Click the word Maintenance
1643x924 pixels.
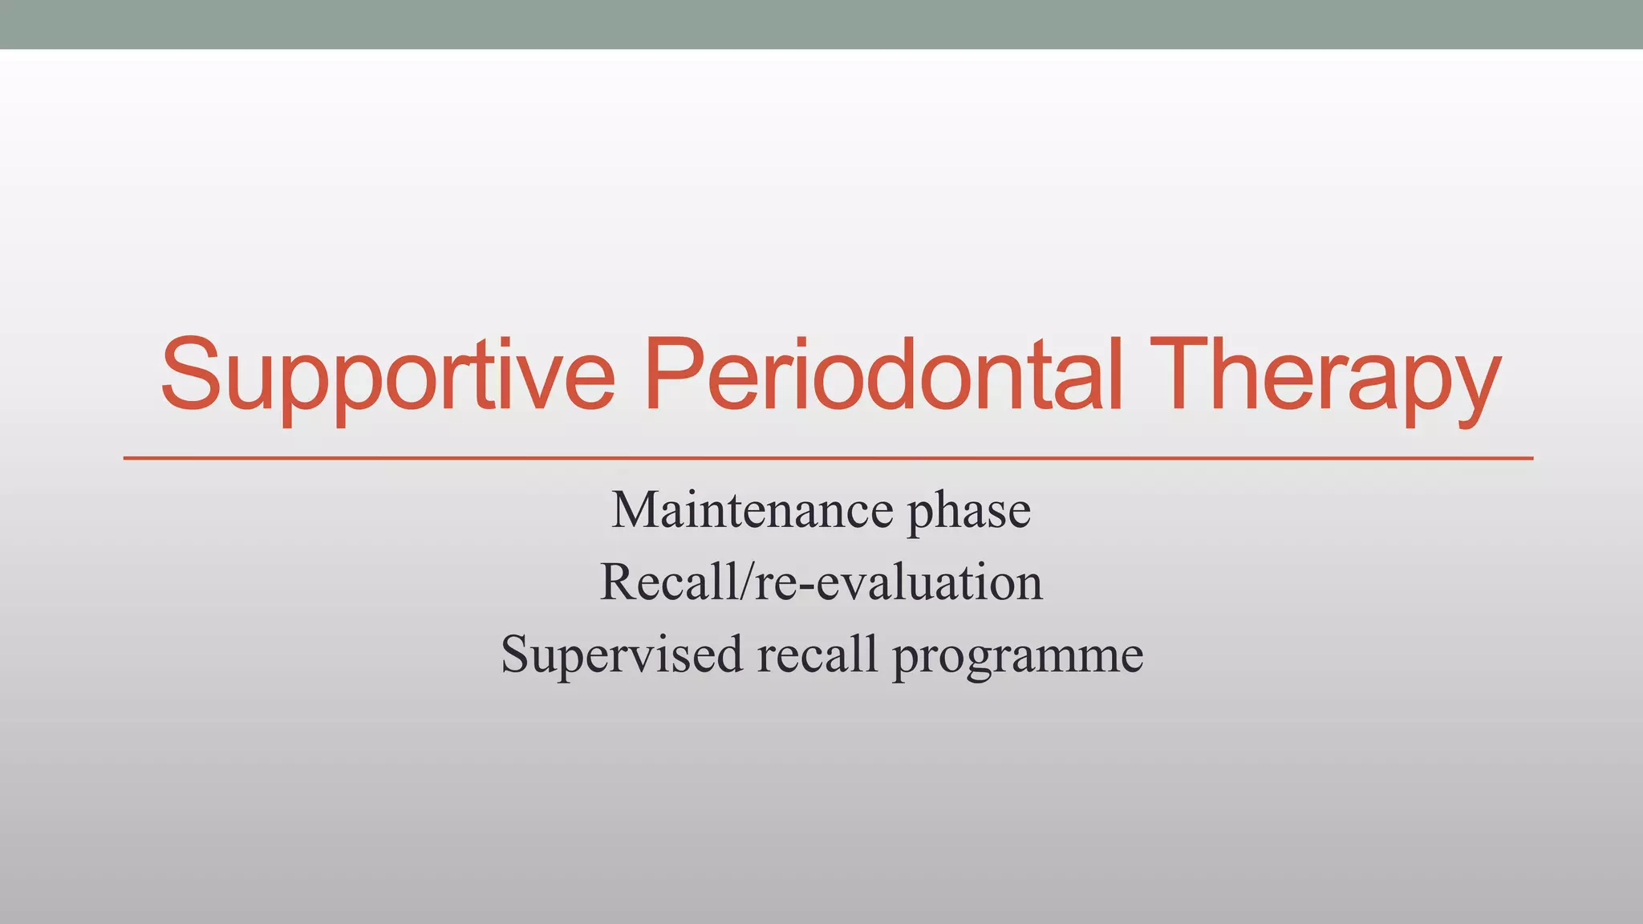[x=753, y=511]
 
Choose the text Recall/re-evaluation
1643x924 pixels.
[x=821, y=582]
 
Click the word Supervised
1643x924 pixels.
[x=623, y=655]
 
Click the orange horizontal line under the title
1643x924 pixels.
[x=826, y=458]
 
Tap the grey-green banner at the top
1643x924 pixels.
[x=821, y=24]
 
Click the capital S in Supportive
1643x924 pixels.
[x=191, y=375]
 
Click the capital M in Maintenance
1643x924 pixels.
[x=636, y=510]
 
